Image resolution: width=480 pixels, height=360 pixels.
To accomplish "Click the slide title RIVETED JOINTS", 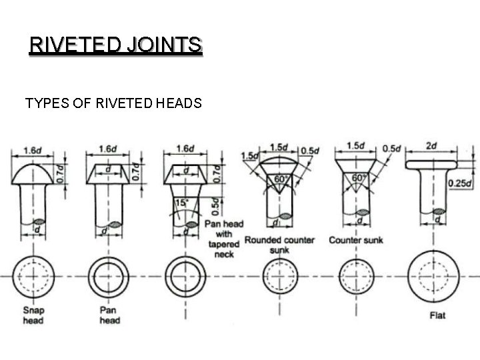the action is [115, 45].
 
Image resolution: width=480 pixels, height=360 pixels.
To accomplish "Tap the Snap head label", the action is [33, 315].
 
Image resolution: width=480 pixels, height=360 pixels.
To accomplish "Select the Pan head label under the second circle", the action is [110, 315].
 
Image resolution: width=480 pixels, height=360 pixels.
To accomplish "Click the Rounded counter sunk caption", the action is [279, 245].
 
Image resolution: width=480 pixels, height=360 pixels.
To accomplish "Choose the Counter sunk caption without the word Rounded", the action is [356, 239].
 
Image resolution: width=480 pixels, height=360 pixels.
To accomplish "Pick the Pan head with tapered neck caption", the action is [224, 239].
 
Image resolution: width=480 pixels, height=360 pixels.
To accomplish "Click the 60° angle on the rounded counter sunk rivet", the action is [279, 179].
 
